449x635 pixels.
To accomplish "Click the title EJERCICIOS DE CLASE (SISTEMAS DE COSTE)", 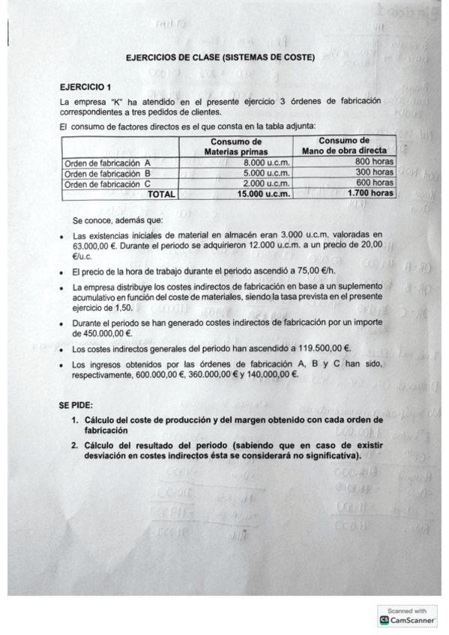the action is [x=220, y=56].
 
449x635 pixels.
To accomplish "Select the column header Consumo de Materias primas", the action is [x=236, y=146].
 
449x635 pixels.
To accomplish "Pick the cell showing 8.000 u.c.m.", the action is [x=268, y=162].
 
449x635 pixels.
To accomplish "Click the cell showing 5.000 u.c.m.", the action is [x=268, y=172].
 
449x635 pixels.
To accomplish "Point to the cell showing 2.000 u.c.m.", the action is [x=268, y=183].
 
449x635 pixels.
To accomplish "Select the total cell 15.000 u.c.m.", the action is [x=263, y=193].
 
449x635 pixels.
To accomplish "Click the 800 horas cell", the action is [x=374, y=161].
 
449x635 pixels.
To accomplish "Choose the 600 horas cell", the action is [x=374, y=182].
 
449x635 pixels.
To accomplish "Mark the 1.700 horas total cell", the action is [x=370, y=192].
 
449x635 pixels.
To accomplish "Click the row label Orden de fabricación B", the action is [x=107, y=173].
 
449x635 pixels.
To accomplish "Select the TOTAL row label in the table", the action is [x=161, y=194].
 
